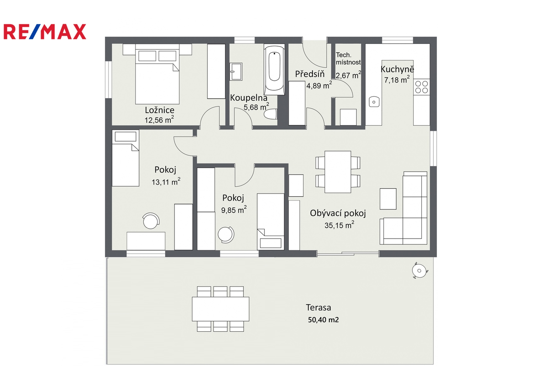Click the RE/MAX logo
coord(45,32)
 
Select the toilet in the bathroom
coord(271,114)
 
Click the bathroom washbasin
coord(236,71)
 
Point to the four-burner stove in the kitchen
coord(422,87)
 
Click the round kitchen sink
coord(374,102)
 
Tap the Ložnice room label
coord(159,110)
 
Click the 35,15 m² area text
coord(339,225)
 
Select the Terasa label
coord(318,308)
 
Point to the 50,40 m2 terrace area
coord(323,320)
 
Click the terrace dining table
coord(220,309)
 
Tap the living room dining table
coord(338,172)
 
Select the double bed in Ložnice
coord(157,74)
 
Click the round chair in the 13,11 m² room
coord(151,221)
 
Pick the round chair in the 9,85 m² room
coord(226,235)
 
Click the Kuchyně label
coord(397,69)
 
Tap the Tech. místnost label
coord(349,59)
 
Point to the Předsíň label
coord(310,74)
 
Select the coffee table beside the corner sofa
coord(388,199)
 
